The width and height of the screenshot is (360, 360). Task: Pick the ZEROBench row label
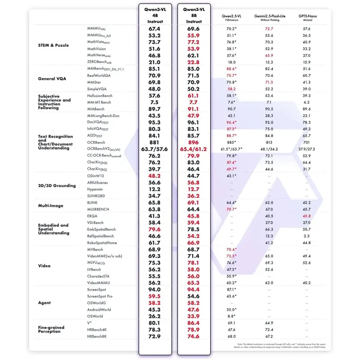pyautogui.click(x=101, y=62)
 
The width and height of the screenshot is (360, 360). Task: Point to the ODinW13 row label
pyautogui.click(x=96, y=176)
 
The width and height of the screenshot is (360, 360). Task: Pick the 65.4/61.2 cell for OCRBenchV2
pyautogui.click(x=193, y=149)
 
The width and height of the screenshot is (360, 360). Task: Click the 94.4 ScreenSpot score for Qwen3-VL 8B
pyautogui.click(x=193, y=289)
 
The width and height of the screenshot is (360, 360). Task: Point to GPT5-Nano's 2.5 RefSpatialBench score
pyautogui.click(x=306, y=236)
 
